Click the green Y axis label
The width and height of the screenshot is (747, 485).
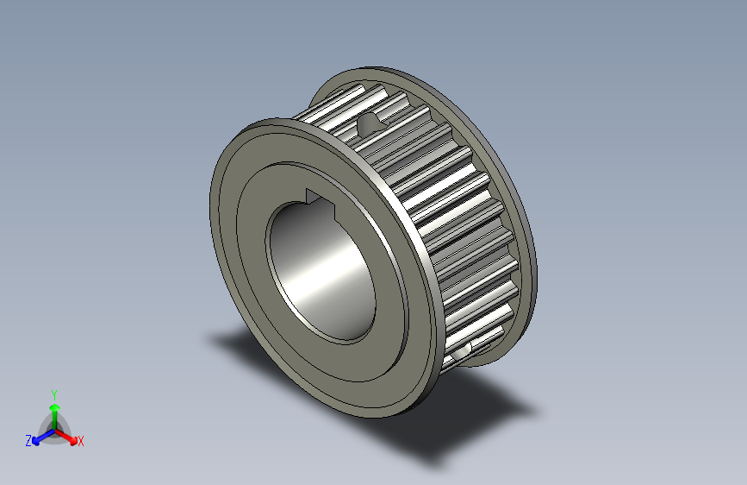click(x=53, y=392)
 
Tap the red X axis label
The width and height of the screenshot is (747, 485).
click(x=81, y=441)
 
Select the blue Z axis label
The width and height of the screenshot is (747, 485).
click(x=28, y=440)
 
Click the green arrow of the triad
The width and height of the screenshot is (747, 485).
click(x=53, y=412)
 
